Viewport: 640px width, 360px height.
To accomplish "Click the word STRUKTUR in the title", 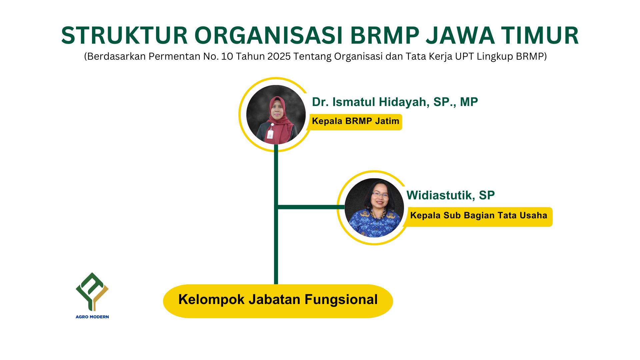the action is tap(125, 35).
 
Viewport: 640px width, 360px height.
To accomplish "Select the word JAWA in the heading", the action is tap(460, 35).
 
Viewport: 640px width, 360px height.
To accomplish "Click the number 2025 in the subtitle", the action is tap(279, 56).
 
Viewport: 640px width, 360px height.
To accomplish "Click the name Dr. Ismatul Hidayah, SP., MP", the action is tap(395, 102).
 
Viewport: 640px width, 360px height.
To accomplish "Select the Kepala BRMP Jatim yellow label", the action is tap(356, 122).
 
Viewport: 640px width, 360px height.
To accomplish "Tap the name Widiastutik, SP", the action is tap(451, 195).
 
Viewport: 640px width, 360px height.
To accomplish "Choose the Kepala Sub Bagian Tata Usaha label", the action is tap(479, 217).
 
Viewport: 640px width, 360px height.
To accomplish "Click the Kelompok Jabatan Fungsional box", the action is tap(278, 301).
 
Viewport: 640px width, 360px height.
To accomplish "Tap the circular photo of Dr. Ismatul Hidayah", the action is tap(276, 115).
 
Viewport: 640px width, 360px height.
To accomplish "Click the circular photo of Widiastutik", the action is tap(374, 208).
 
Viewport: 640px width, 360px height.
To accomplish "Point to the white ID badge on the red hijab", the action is tap(270, 134).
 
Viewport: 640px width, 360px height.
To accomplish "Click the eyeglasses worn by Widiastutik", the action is tap(380, 195).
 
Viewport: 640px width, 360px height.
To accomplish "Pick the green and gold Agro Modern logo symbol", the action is tap(92, 291).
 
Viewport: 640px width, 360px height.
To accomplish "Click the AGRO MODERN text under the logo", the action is tap(92, 317).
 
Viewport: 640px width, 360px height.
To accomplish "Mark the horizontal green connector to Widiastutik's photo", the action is tap(311, 207).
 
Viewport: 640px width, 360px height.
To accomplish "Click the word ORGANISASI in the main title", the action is tap(269, 35).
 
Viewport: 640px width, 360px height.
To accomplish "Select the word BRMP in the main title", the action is tap(385, 35).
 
